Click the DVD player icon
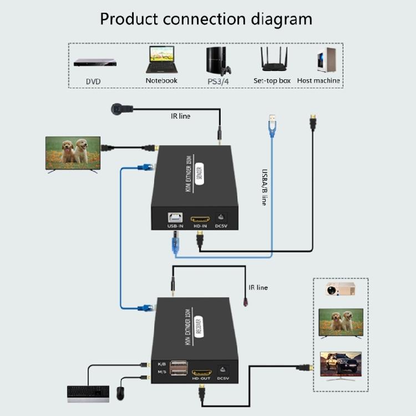(x=95, y=62)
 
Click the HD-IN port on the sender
(x=200, y=219)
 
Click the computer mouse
(x=120, y=393)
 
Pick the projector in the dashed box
(x=340, y=290)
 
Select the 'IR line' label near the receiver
(x=258, y=288)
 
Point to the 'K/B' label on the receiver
(x=162, y=363)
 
